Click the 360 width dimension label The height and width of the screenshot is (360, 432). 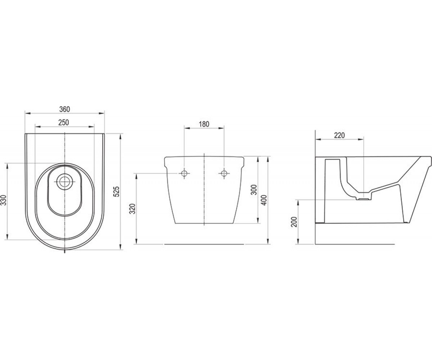[64, 109]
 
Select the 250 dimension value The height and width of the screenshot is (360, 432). [63, 122]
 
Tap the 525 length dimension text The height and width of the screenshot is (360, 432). [117, 192]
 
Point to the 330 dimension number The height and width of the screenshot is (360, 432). [4, 200]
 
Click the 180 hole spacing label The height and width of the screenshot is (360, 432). [204, 124]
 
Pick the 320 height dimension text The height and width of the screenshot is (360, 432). [132, 209]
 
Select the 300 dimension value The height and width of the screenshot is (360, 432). [254, 190]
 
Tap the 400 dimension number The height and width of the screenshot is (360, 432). [264, 200]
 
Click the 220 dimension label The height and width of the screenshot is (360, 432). [339, 135]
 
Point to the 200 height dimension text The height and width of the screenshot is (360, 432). [294, 222]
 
